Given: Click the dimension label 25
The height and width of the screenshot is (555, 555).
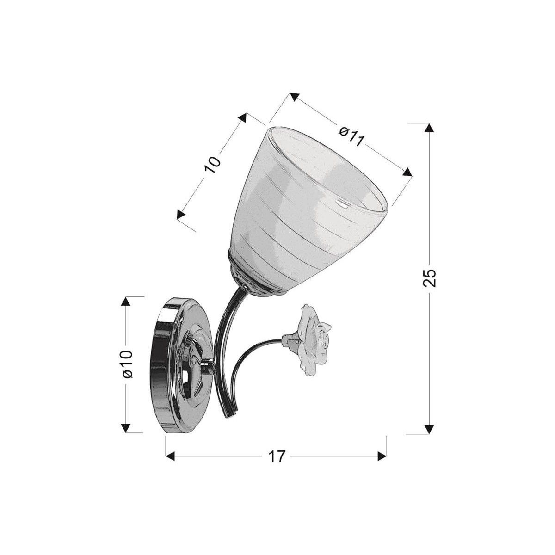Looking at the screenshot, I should [430, 278].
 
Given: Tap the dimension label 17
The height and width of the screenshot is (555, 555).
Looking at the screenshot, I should [277, 456].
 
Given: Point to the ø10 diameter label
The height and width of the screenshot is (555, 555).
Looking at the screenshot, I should [128, 364].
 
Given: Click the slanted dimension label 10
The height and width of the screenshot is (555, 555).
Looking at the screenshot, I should [213, 165].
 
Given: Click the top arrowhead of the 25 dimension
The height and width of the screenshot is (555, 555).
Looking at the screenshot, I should [430, 128].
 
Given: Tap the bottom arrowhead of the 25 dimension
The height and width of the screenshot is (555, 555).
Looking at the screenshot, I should [430, 428].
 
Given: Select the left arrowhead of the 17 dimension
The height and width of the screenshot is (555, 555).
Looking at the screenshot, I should [171, 456].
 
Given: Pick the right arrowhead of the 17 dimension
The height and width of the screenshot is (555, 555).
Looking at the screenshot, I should [382, 456].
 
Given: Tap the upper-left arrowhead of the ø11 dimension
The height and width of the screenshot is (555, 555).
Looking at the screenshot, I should [293, 97].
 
